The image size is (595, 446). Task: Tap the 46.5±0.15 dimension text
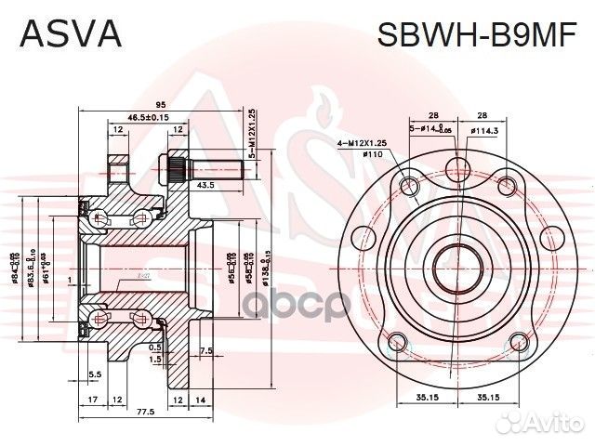147,118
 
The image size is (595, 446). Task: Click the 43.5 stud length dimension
207,186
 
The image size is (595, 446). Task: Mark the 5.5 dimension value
95,374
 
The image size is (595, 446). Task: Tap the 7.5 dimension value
205,351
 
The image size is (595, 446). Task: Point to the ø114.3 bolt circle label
484,132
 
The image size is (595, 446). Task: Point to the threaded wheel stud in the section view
205,170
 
